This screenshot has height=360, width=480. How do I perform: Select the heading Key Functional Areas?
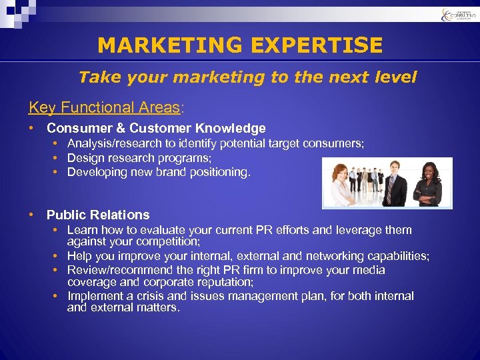tap(104, 107)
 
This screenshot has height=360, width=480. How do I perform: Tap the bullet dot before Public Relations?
tap(31, 215)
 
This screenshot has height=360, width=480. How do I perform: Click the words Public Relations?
tap(98, 215)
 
